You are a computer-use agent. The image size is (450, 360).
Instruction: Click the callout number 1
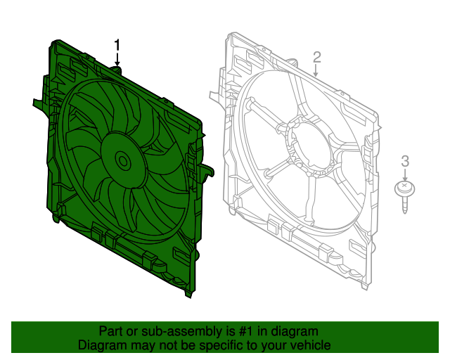[x=117, y=46]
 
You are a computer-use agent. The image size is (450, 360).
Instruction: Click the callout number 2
[x=316, y=58]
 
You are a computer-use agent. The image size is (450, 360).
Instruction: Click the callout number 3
[x=405, y=161]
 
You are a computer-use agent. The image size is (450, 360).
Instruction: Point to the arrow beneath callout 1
[x=117, y=59]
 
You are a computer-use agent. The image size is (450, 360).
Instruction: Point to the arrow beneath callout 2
[x=316, y=71]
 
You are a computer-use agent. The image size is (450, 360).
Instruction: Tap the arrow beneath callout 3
[x=405, y=175]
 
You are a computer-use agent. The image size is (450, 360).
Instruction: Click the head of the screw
[x=405, y=188]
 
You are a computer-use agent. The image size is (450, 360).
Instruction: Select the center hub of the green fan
[x=124, y=161]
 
